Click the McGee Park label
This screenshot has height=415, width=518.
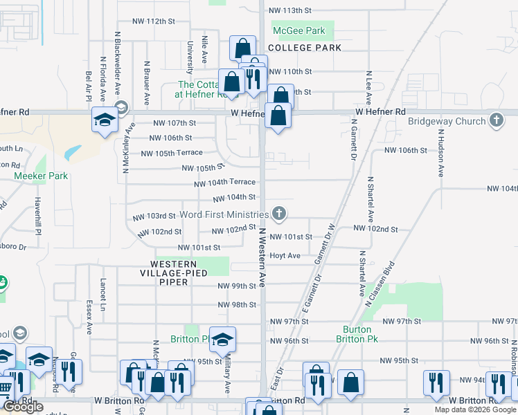click(x=298, y=31)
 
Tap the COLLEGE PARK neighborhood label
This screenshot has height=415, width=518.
click(x=305, y=48)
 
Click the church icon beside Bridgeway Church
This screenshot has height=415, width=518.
click(x=496, y=121)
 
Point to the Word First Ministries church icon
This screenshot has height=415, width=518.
click(x=279, y=213)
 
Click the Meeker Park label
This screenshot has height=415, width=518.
click(x=42, y=176)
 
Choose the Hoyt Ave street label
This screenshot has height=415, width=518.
click(x=285, y=256)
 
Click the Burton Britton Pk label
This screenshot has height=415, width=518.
click(x=357, y=334)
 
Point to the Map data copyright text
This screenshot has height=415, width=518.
click(x=475, y=409)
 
